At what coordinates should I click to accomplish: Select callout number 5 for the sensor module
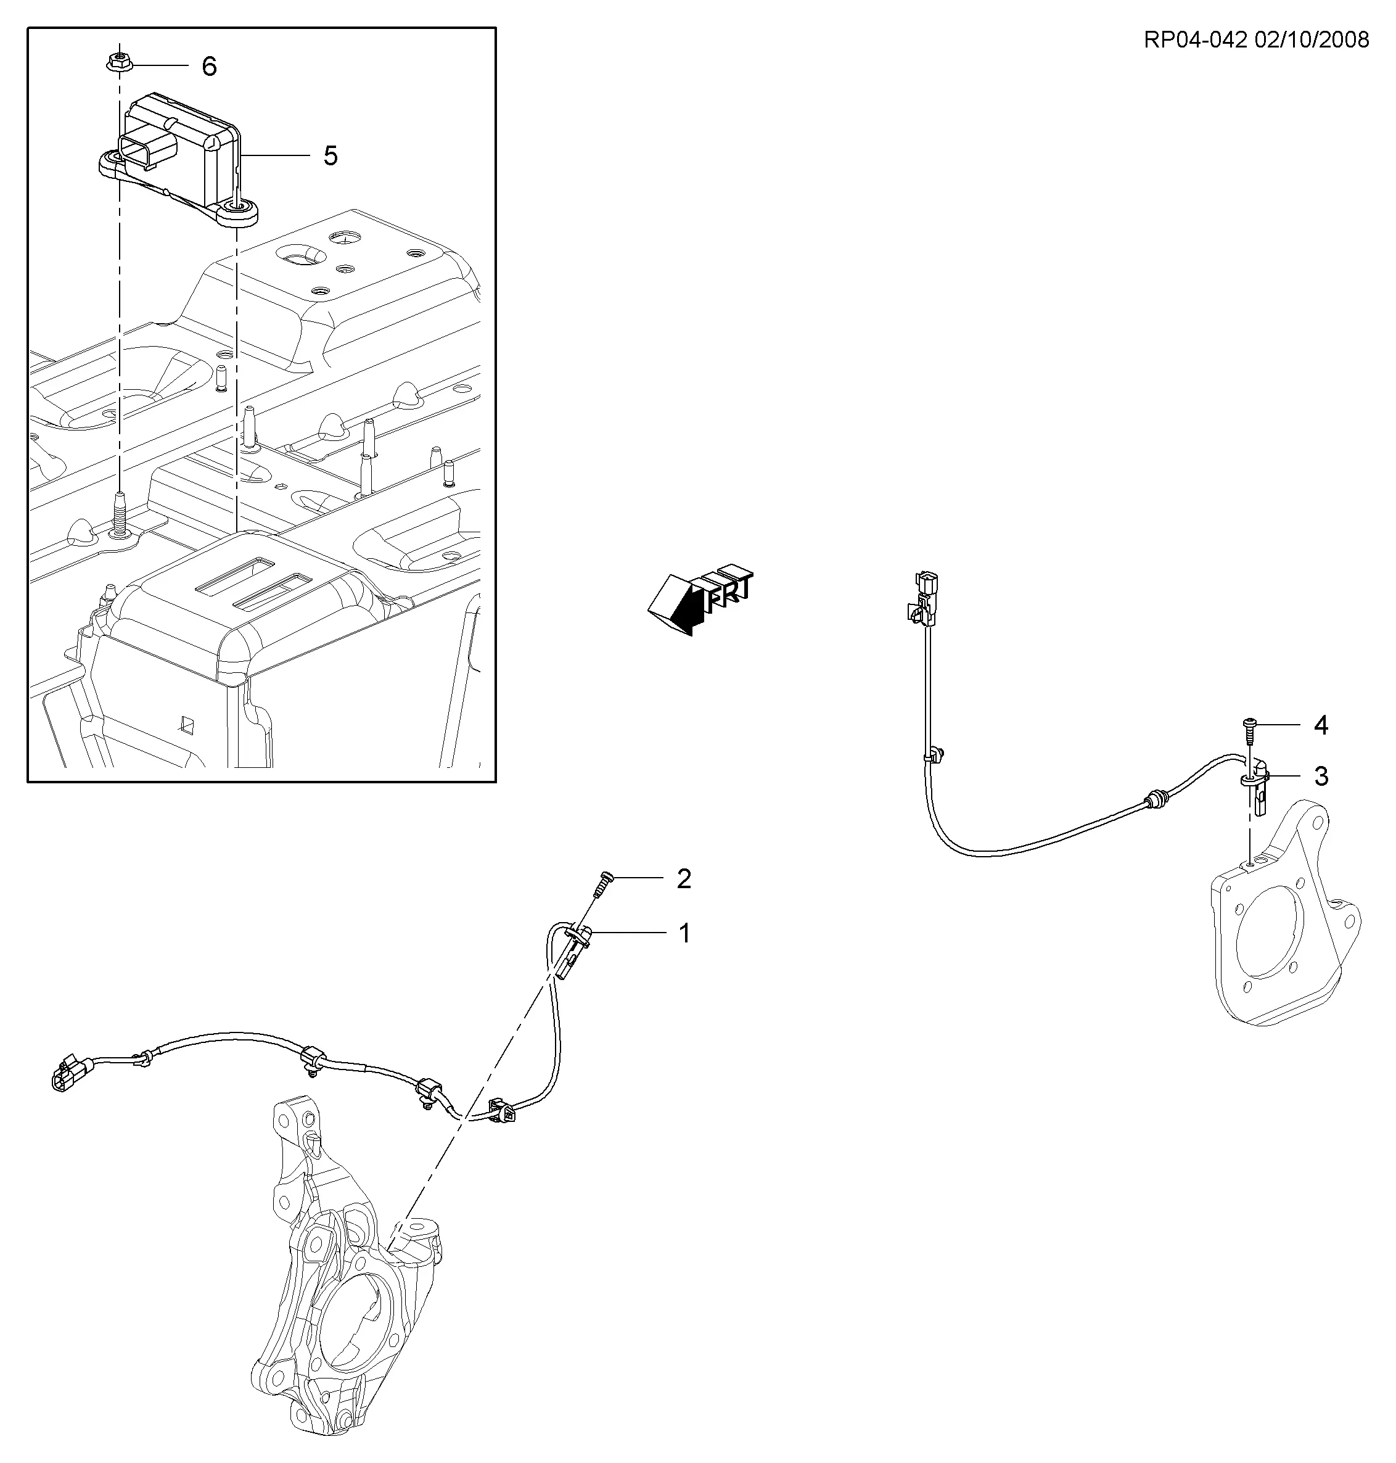coord(331,155)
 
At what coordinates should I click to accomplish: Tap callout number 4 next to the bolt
coord(1321,725)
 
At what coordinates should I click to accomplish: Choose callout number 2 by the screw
coord(684,879)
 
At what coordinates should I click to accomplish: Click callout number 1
coord(684,933)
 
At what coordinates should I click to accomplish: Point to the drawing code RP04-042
coord(1195,39)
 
